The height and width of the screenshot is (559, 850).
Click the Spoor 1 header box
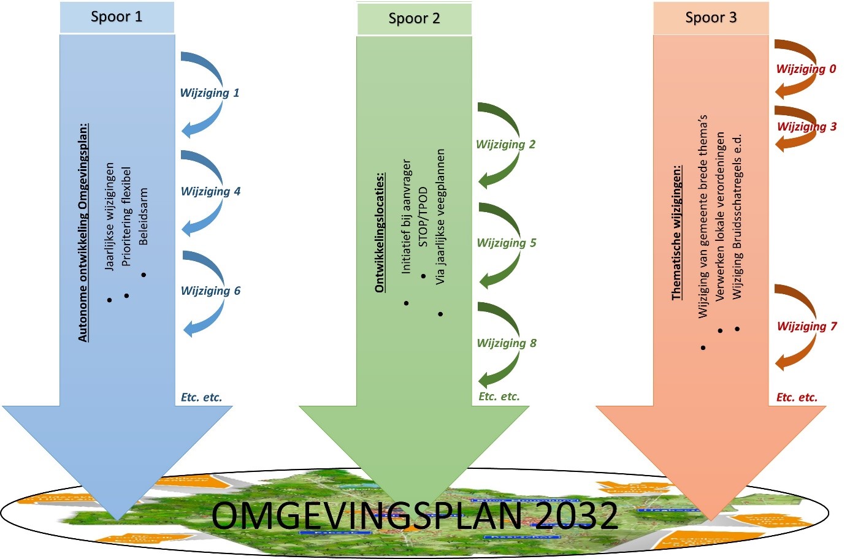coord(117,17)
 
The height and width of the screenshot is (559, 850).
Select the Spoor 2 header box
coord(414,18)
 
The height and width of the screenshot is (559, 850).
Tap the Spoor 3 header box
coord(711,18)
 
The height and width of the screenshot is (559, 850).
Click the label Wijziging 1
coord(209,93)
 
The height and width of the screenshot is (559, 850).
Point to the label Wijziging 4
coord(210,192)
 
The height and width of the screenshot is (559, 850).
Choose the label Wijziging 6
coord(210,291)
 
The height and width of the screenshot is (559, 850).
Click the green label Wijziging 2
coord(505,145)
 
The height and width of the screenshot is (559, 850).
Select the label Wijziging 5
coord(507,243)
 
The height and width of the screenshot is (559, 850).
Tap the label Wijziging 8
coord(507,343)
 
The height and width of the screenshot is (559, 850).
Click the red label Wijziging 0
coord(806,69)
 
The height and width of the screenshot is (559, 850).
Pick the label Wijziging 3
coord(806,127)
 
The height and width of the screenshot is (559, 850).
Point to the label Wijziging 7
coord(806,327)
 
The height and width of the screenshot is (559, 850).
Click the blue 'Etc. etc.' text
coord(201,398)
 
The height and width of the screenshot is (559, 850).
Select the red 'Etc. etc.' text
coord(797,398)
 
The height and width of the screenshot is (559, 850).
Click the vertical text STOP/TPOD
coord(423,217)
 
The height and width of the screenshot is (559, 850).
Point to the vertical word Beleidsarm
coord(144,216)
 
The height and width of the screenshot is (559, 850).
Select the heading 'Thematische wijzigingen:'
coord(676,232)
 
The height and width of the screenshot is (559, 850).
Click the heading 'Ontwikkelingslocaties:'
coord(380,232)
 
